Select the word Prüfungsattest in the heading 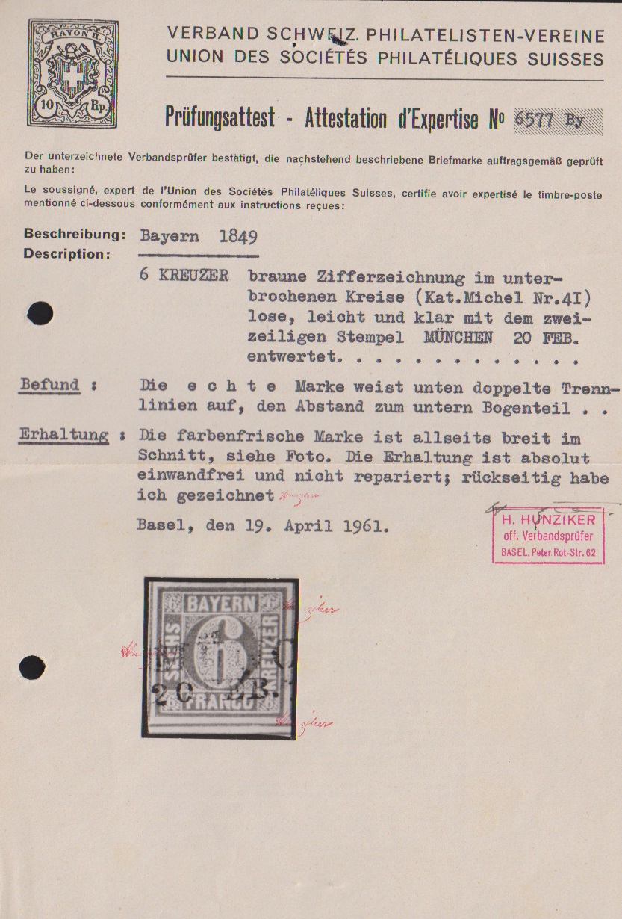tap(220, 119)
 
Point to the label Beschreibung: tap(74, 235)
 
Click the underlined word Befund tap(50, 386)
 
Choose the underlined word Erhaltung tap(63, 436)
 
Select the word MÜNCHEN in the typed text tap(458, 337)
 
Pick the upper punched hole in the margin tap(40, 314)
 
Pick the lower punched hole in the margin tap(32, 666)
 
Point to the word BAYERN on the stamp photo tap(220, 605)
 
